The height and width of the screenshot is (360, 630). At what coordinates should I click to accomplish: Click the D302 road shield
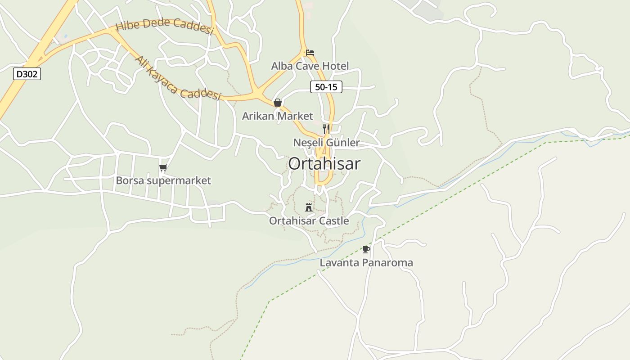point(27,74)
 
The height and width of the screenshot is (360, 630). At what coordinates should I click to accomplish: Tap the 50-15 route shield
point(326,87)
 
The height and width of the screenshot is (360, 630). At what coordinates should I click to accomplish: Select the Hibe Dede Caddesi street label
point(164,26)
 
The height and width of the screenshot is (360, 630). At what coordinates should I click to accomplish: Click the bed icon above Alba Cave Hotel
point(310,53)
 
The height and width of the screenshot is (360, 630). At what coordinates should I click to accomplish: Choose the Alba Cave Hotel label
point(310,66)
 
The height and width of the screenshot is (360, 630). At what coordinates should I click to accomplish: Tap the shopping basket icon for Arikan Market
point(278,103)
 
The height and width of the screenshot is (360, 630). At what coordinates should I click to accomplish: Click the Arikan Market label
point(277,116)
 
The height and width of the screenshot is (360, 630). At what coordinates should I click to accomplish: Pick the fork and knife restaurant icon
point(326,129)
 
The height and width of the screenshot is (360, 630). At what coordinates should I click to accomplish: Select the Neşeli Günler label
point(326,143)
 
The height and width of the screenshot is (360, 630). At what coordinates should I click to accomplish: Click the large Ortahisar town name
point(324,164)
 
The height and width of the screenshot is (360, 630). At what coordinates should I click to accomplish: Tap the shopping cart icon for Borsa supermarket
point(163,168)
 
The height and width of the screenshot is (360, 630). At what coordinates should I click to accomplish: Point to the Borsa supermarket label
point(163,181)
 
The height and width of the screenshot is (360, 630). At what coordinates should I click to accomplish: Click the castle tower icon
point(309,207)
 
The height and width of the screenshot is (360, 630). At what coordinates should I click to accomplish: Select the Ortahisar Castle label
point(309,221)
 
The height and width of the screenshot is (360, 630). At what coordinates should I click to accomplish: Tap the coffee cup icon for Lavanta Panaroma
point(366,249)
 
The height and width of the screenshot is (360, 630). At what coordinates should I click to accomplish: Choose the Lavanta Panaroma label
point(366,262)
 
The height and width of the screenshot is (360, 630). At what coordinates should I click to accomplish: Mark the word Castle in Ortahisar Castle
point(334,221)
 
